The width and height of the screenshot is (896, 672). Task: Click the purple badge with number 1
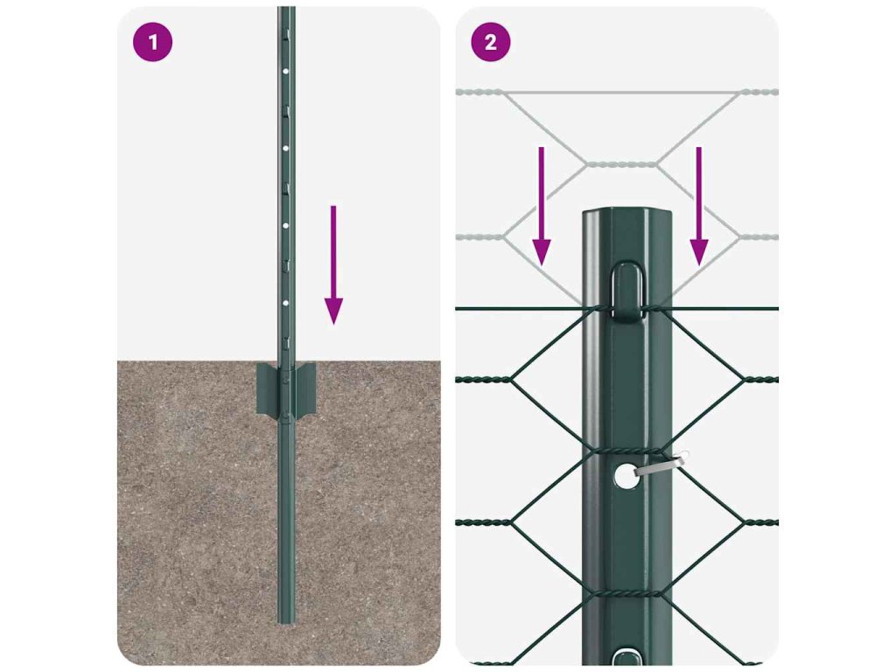(152, 42)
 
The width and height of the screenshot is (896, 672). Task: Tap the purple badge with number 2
(491, 42)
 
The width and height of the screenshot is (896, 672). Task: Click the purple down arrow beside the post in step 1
(333, 265)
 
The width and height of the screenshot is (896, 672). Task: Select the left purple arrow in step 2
(542, 206)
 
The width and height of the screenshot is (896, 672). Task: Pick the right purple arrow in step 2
(699, 206)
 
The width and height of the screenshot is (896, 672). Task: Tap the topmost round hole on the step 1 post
(286, 72)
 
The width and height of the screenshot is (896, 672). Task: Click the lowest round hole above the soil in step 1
(286, 303)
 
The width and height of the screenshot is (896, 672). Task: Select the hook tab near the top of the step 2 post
(627, 290)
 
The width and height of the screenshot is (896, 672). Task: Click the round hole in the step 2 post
(626, 475)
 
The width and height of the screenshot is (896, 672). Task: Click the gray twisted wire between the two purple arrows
(622, 164)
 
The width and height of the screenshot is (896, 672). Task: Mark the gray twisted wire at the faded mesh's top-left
(480, 92)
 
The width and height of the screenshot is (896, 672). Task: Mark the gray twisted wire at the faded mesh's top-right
(759, 92)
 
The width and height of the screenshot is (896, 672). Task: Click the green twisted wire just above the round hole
(626, 451)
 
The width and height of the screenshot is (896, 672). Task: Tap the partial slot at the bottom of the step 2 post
(626, 656)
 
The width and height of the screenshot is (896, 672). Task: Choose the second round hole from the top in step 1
(286, 149)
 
